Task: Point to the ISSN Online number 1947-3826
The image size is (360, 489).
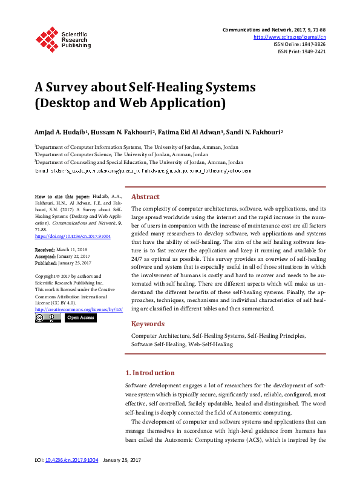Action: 314,44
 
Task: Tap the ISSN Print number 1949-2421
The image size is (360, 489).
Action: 314,51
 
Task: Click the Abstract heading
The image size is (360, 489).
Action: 145,197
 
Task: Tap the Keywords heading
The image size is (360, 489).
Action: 148,323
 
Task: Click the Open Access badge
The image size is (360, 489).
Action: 81,317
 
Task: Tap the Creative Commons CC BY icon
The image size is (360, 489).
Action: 48,317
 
